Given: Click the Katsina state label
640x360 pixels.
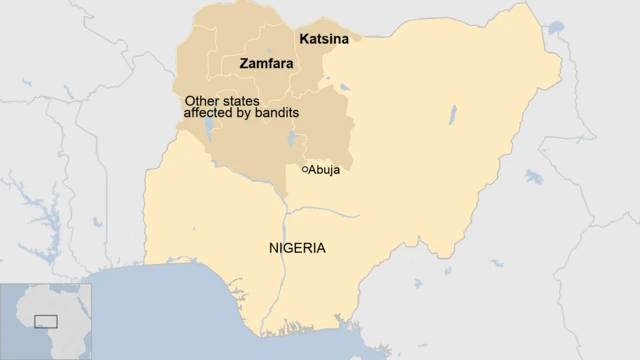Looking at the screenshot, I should (x=324, y=39).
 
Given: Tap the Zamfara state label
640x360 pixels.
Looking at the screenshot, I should (x=266, y=63).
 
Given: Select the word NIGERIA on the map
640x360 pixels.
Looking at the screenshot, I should (x=297, y=248).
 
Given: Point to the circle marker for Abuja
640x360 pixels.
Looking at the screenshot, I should (x=304, y=169).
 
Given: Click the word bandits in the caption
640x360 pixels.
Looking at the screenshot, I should (x=275, y=113).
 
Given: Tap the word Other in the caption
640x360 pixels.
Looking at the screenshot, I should (x=202, y=101).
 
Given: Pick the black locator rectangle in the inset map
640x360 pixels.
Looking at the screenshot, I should (x=46, y=321).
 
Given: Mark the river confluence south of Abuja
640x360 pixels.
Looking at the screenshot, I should (x=286, y=211).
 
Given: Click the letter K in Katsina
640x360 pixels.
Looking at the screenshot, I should (x=304, y=39).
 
